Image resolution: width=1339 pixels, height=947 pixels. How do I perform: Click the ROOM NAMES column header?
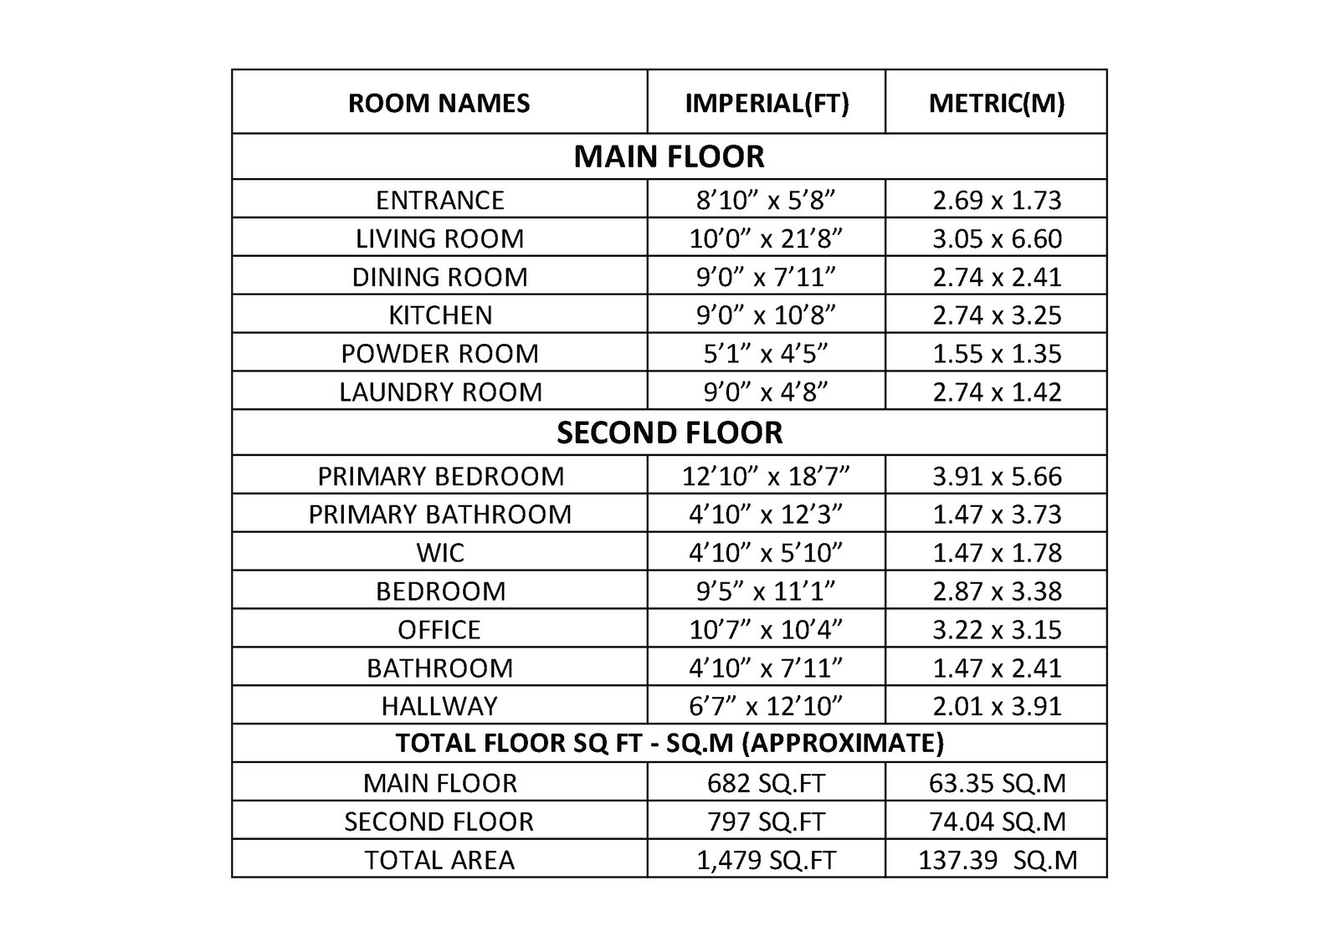(x=439, y=103)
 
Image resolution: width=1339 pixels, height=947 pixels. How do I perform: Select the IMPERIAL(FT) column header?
(x=766, y=103)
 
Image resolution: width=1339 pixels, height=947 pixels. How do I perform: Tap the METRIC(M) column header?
(x=996, y=103)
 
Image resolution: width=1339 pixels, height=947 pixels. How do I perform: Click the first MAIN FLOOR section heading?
(x=669, y=156)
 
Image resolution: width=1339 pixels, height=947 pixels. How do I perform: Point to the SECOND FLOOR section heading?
(x=669, y=433)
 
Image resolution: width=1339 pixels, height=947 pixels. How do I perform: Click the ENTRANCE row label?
(x=439, y=200)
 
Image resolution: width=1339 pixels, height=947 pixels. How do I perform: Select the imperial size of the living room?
(x=766, y=238)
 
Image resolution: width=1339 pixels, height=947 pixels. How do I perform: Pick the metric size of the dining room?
(x=996, y=277)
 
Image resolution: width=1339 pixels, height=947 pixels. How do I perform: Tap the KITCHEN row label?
(x=439, y=315)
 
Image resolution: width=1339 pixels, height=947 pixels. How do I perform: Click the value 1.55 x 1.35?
(x=996, y=354)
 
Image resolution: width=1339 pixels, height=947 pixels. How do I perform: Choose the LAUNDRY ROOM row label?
(x=439, y=392)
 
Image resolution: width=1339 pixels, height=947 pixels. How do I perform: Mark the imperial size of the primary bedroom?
(x=766, y=476)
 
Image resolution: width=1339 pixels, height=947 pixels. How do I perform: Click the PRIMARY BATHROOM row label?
(x=439, y=514)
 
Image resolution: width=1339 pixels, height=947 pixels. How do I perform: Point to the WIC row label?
(x=439, y=553)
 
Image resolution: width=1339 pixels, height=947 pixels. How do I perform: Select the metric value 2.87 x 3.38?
(x=996, y=591)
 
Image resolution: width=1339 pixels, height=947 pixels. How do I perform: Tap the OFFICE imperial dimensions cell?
(x=766, y=630)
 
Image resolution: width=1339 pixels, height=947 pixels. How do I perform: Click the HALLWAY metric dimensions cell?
(x=996, y=706)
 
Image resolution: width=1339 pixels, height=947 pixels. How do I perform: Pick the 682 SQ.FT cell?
(x=766, y=783)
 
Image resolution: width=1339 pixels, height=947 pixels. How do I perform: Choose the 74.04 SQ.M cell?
(x=997, y=822)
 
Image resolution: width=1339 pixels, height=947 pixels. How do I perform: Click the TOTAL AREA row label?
(x=439, y=860)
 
